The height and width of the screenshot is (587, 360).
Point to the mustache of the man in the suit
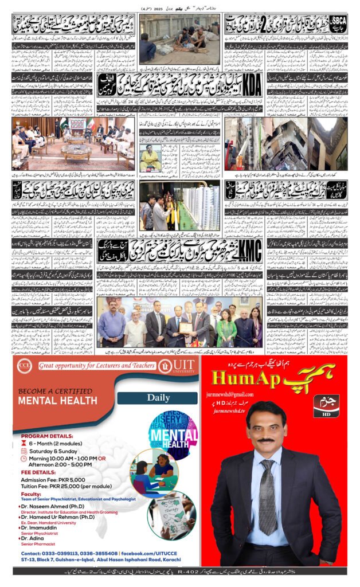(x=265, y=440)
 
